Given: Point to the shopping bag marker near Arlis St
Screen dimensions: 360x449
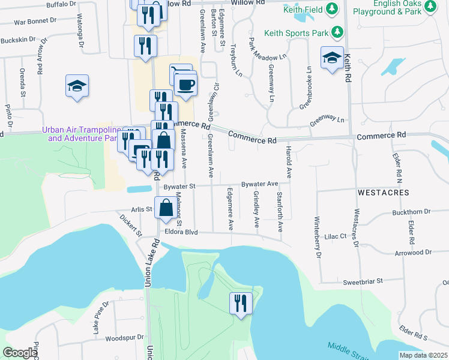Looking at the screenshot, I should pyautogui.click(x=165, y=209).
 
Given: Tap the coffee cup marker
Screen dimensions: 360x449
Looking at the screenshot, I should pyautogui.click(x=185, y=85).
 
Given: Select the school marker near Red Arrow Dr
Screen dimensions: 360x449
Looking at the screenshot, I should pyautogui.click(x=77, y=86).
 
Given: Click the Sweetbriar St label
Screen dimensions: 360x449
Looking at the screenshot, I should pyautogui.click(x=363, y=282).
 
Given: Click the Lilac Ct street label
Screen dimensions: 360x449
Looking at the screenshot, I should pyautogui.click(x=336, y=237).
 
